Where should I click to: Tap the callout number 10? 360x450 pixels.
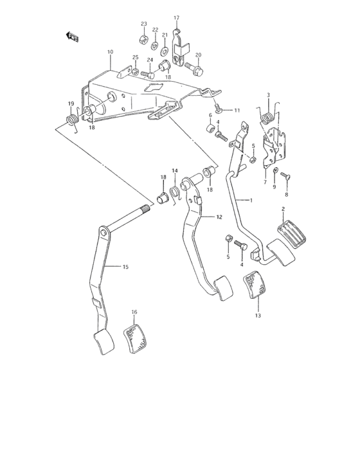(x=110, y=51)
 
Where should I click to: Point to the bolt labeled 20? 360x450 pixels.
(x=195, y=65)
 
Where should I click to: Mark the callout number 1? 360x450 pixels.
(x=251, y=201)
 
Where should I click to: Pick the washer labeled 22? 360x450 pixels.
(x=156, y=46)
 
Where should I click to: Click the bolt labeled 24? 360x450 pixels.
(x=152, y=73)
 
